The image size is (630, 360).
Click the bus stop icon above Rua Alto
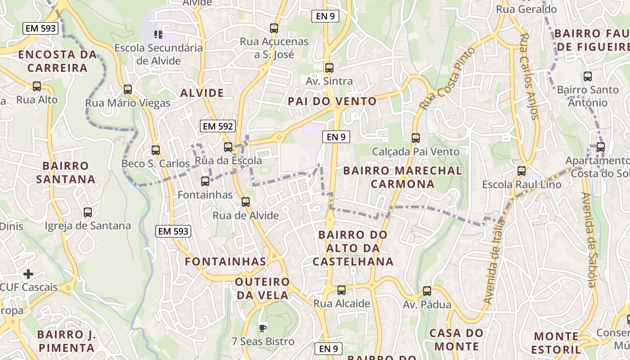(37, 86)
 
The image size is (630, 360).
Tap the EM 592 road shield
(218, 126)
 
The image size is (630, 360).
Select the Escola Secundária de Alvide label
(158, 54)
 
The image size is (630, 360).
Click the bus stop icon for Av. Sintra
(329, 68)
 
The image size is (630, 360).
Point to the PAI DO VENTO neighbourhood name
(332, 101)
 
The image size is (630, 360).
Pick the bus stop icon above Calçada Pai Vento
(416, 138)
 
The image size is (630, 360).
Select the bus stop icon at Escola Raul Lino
(522, 171)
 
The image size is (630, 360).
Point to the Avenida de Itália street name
(495, 261)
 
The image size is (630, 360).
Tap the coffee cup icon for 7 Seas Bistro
(263, 328)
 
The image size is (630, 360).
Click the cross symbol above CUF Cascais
(28, 274)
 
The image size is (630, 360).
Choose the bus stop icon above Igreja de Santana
(88, 212)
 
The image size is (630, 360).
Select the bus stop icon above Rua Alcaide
(342, 290)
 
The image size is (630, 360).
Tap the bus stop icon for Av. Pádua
(427, 291)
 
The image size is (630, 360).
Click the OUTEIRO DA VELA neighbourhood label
(263, 288)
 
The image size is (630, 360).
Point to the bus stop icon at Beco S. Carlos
(156, 150)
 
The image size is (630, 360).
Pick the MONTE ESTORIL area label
(557, 343)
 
